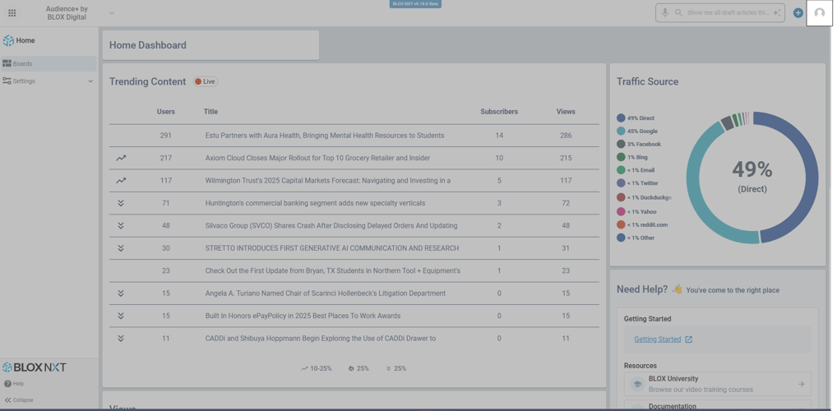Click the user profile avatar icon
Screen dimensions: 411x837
819,13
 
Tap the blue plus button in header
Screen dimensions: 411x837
798,13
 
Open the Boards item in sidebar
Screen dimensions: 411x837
22,63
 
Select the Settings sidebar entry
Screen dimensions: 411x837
24,81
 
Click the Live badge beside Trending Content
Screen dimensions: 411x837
206,81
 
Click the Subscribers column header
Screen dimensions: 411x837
499,112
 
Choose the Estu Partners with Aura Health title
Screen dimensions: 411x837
324,136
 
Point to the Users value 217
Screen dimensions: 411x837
166,158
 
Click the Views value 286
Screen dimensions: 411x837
566,136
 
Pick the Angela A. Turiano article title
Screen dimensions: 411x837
325,293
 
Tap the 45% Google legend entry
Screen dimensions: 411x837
642,132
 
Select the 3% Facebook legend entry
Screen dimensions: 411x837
644,145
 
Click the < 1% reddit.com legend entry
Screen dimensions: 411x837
647,224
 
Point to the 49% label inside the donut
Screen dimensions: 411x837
751,170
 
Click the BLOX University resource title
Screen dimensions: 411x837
673,379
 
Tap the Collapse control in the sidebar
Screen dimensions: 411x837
19,400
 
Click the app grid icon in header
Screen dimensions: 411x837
12,13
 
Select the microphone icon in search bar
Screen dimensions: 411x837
665,13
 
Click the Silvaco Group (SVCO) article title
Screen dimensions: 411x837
331,226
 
